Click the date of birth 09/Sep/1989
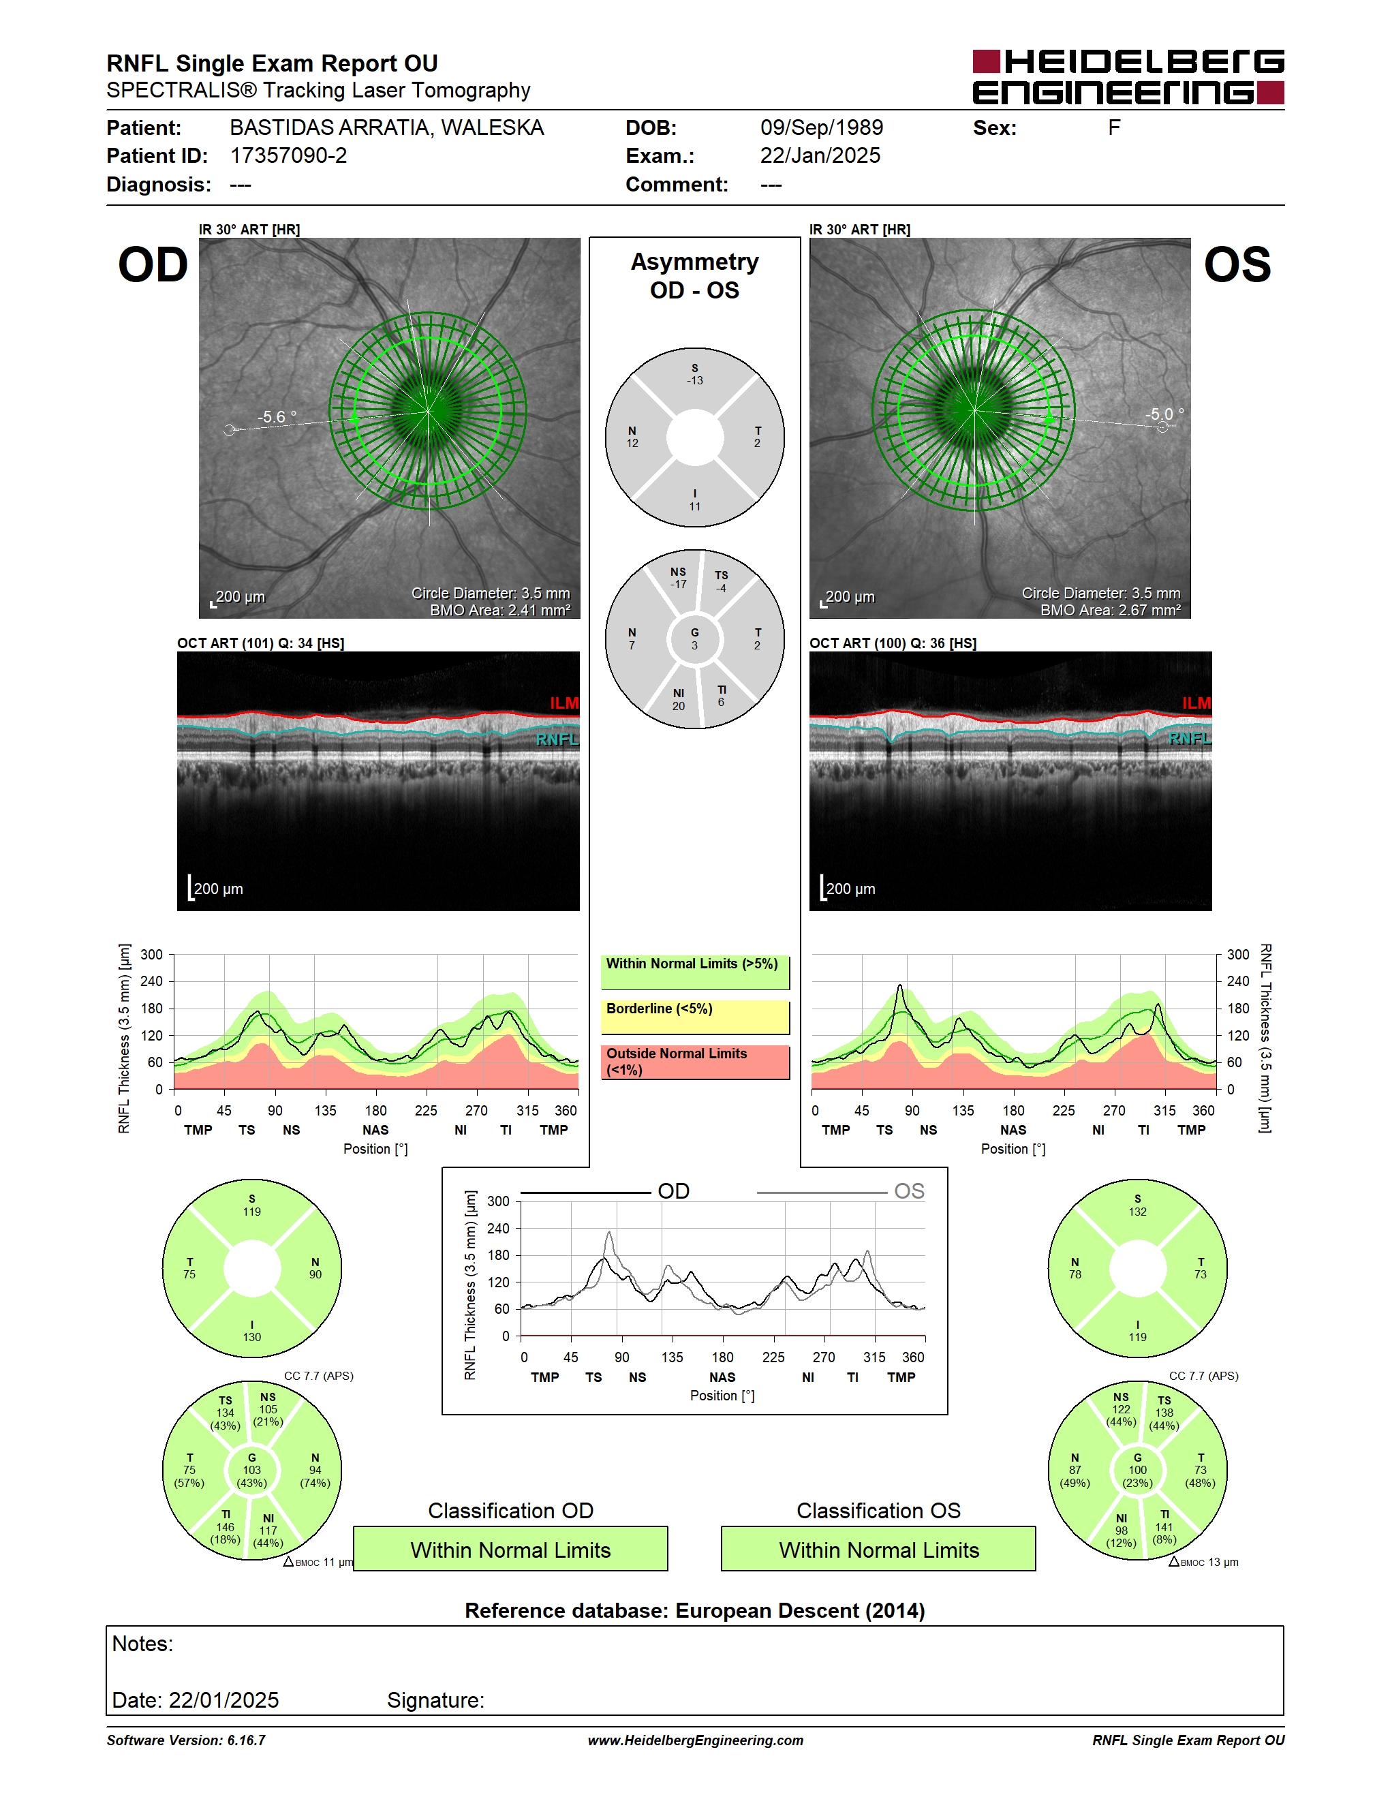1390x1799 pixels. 821,127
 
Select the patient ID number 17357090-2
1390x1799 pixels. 288,155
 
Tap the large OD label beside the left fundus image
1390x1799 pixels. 153,265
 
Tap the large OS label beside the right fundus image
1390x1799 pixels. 1237,265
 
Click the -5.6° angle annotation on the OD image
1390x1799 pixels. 277,417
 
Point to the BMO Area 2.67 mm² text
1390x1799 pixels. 1110,611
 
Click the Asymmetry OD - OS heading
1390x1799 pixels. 695,276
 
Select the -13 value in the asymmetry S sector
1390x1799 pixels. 695,380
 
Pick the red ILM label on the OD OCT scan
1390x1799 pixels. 564,703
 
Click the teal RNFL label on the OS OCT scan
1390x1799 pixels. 1190,739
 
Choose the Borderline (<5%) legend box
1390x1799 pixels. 695,1017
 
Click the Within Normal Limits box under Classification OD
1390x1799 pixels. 510,1550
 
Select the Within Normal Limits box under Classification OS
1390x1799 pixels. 879,1550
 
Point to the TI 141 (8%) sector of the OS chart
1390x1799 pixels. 1164,1527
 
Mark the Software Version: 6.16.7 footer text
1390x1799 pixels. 186,1740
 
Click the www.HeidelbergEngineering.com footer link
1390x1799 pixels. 696,1740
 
